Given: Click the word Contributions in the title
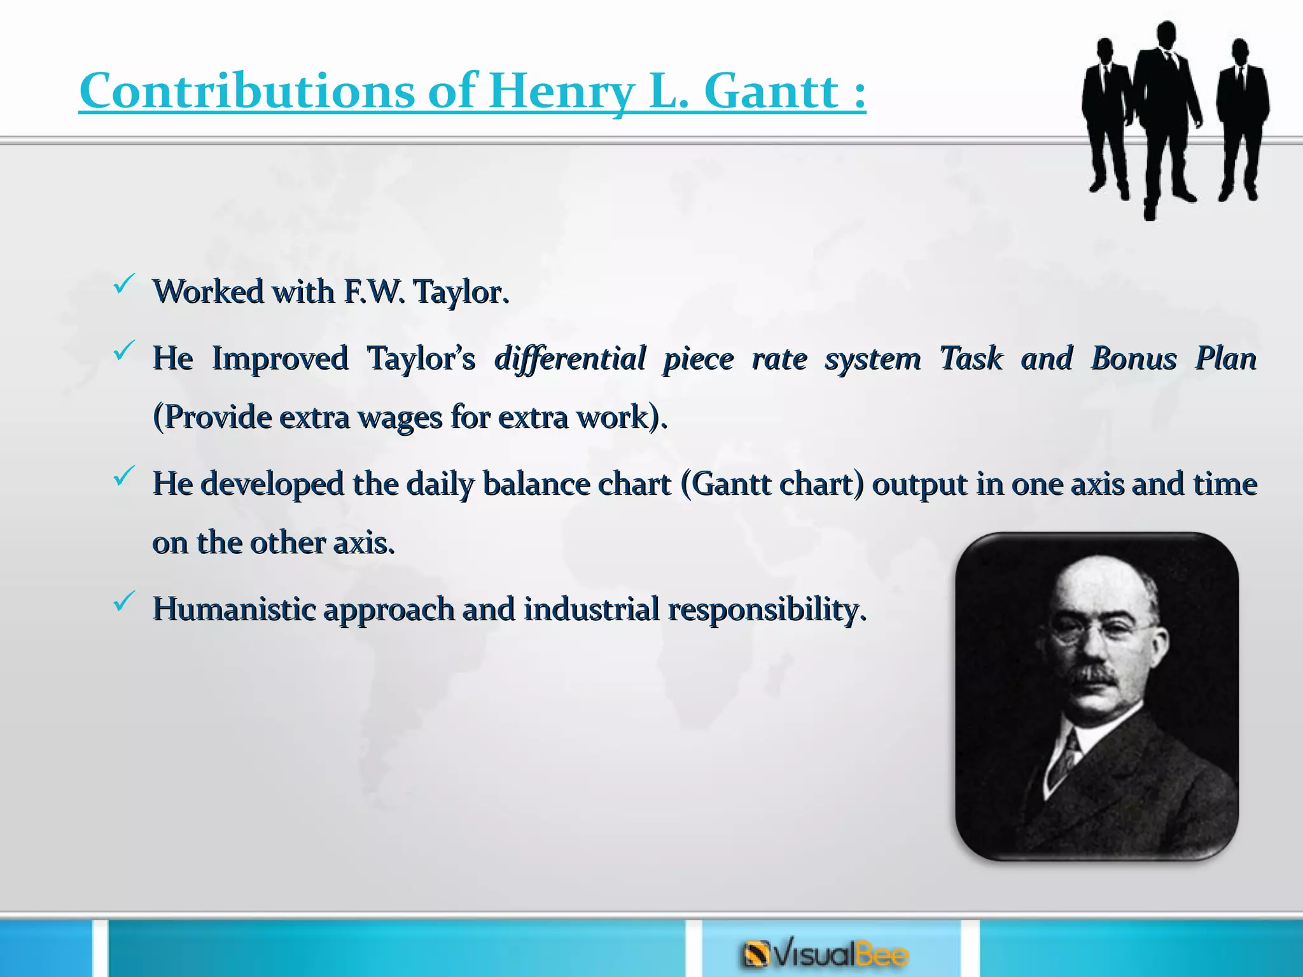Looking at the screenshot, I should [247, 91].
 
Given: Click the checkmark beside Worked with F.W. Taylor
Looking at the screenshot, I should [123, 284].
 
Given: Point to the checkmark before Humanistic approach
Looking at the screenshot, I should [123, 601].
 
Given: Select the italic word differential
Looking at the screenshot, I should [570, 358].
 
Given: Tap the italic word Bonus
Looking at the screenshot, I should [1134, 358].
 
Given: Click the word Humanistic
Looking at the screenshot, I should [234, 609].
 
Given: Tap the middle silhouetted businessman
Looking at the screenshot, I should [1166, 108].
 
